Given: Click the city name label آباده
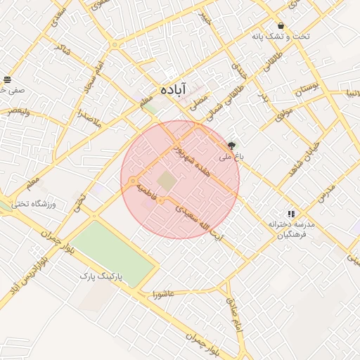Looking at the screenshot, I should coord(173,89).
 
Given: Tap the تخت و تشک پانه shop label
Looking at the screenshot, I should coord(281,37).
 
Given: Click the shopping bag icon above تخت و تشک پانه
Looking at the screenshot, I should coord(281,25).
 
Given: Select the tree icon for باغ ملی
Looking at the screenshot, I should coord(232,145).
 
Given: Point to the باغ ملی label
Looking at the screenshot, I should coord(231,157).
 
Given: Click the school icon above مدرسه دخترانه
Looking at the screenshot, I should coord(290,213).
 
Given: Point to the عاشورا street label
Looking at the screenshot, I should coord(162,294).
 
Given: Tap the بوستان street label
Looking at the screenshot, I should coord(307,89).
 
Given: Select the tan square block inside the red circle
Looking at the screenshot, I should coord(167,181).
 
